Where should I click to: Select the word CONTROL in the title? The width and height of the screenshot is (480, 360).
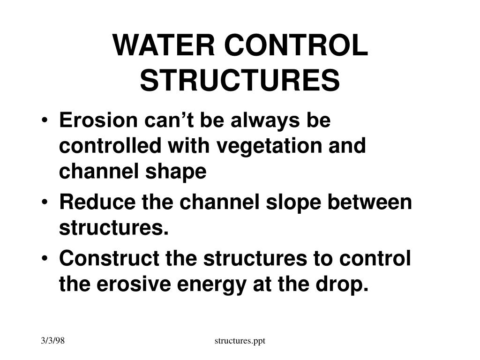pyautogui.click(x=296, y=45)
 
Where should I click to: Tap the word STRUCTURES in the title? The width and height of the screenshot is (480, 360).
pyautogui.click(x=240, y=80)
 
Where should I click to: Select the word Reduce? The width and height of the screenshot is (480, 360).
pyautogui.click(x=97, y=202)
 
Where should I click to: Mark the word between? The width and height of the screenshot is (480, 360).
pyautogui.click(x=370, y=202)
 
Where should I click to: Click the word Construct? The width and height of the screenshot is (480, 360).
pyautogui.click(x=109, y=258)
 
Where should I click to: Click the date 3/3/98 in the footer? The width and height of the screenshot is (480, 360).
pyautogui.click(x=52, y=341)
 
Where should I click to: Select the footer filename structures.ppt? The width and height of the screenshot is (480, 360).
pyautogui.click(x=240, y=341)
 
